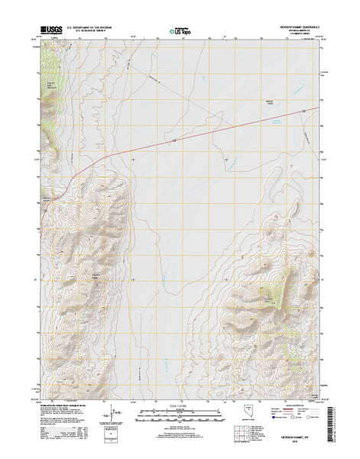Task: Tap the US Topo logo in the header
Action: tap(180, 32)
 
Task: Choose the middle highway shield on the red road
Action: tap(174, 141)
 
